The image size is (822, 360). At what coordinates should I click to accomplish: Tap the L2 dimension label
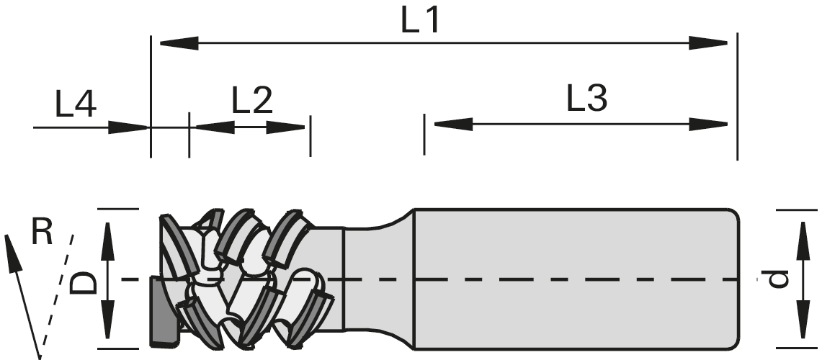(252, 102)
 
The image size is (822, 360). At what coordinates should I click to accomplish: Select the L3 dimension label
(586, 100)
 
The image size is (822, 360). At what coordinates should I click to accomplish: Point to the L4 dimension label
(76, 107)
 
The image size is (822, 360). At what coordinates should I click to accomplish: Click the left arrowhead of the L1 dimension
(176, 43)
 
